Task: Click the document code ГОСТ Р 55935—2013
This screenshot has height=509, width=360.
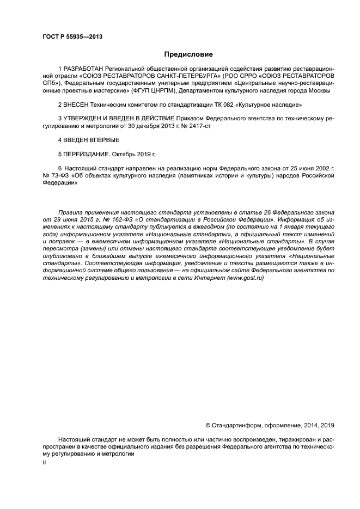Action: click(x=72, y=36)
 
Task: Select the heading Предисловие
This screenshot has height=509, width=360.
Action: click(x=188, y=54)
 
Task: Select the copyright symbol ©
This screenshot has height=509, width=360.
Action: click(x=208, y=425)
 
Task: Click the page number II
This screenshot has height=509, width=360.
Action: click(x=44, y=462)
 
